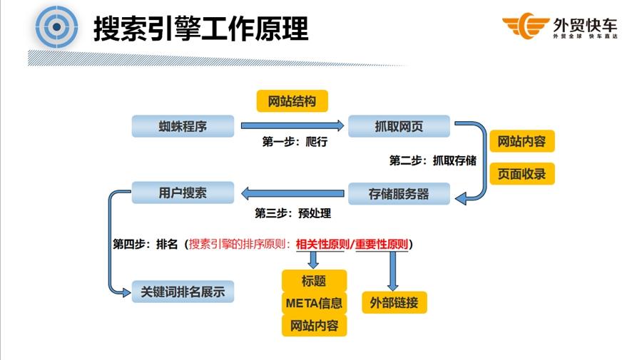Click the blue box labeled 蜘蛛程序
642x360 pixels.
pos(183,126)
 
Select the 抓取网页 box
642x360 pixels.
pos(399,126)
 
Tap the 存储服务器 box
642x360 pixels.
pos(399,194)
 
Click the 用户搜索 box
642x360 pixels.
pos(183,192)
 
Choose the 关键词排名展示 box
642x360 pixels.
pos(183,291)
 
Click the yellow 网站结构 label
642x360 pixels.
pos(292,101)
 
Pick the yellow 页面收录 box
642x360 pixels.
pos(521,173)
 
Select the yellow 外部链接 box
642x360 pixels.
pos(394,302)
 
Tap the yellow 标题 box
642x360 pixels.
pos(314,281)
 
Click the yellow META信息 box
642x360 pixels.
pos(314,303)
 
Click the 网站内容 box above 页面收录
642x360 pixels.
pos(521,141)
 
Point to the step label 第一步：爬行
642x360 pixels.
pos(295,142)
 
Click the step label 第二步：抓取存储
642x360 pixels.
pos(433,160)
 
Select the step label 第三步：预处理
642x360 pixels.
pos(293,212)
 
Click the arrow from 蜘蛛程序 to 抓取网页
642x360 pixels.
pos(292,125)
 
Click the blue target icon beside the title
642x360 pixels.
pos(56,27)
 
